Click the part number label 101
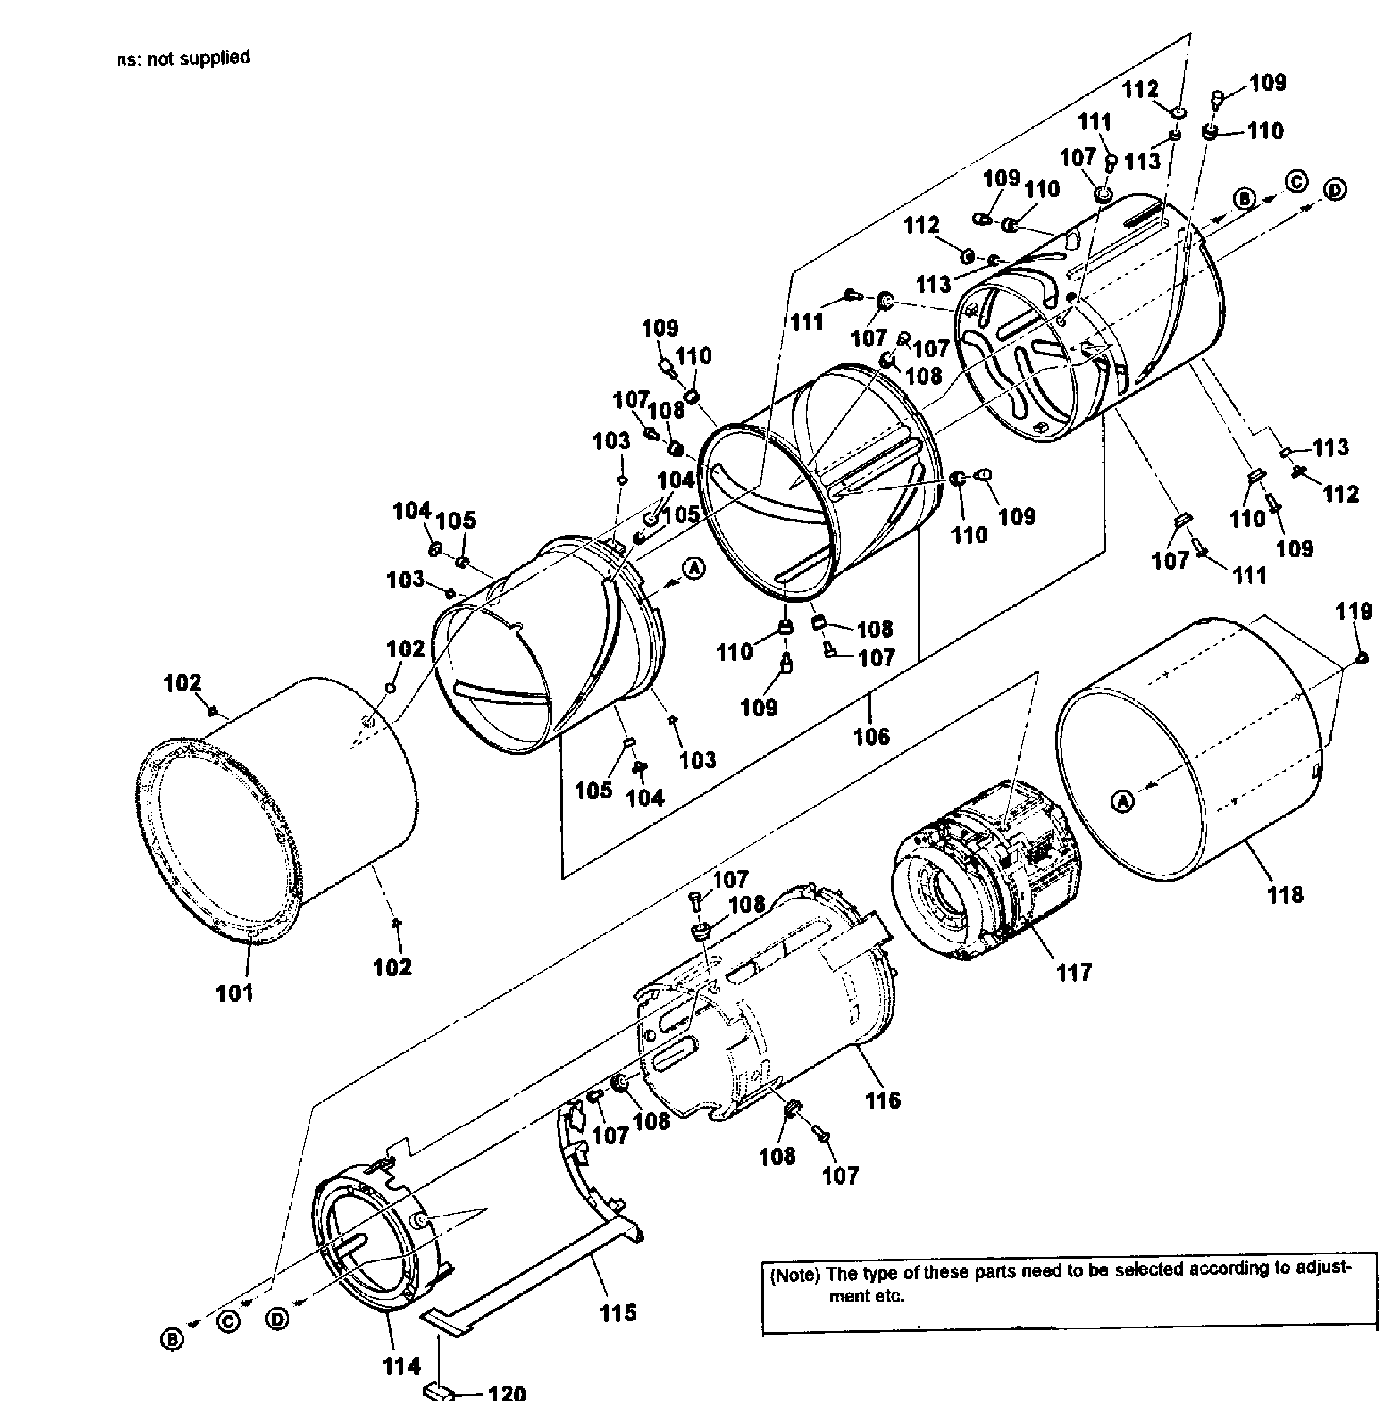point(234,993)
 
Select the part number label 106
point(871,737)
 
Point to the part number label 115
point(618,1313)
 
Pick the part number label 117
point(1074,972)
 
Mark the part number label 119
point(1354,612)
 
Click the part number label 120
point(506,1392)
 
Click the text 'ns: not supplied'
point(183,59)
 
